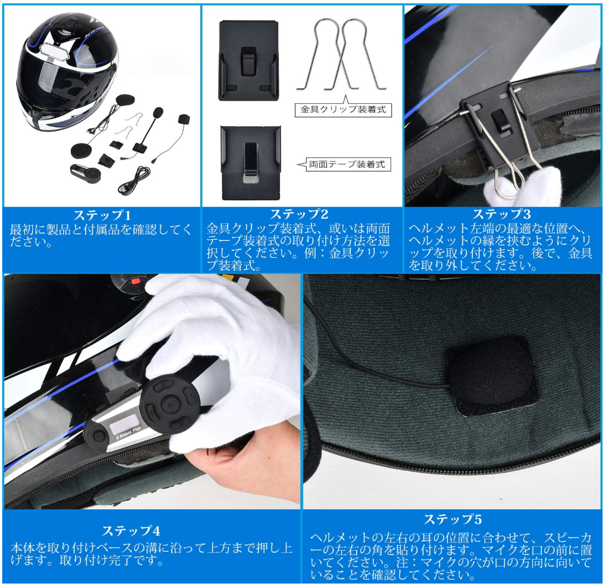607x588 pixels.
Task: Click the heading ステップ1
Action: [x=102, y=215]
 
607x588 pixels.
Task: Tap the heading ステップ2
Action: [x=299, y=214]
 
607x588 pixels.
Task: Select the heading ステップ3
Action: [x=502, y=214]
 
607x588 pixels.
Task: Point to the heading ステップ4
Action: [x=131, y=531]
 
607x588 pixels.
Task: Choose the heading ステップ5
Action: [x=452, y=519]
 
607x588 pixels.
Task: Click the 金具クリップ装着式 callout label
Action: [x=343, y=109]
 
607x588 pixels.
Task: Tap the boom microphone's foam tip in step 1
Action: [x=158, y=113]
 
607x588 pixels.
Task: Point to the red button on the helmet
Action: [x=135, y=281]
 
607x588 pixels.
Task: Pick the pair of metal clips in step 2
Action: [x=341, y=54]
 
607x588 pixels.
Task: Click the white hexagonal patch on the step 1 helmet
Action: [x=54, y=50]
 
